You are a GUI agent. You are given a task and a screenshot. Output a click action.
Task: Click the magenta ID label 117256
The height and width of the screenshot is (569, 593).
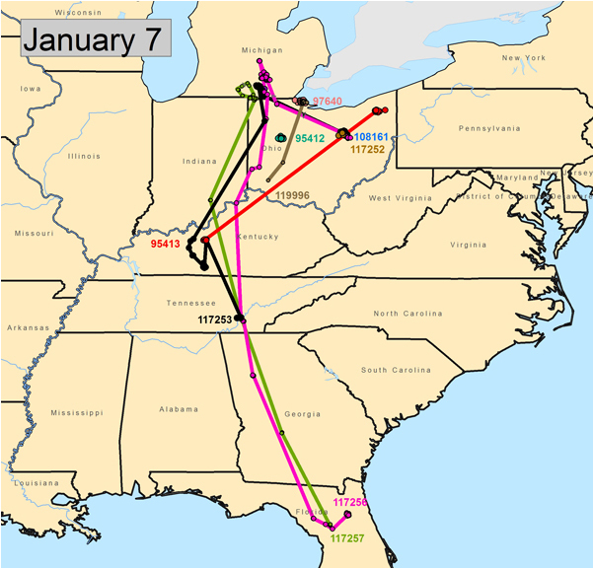(x=350, y=502)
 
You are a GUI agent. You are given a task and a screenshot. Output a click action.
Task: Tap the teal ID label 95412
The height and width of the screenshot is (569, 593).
(x=310, y=138)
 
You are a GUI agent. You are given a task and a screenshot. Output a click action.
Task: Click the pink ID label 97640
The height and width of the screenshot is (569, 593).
(x=327, y=101)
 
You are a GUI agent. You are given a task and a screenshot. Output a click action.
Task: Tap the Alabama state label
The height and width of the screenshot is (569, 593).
(x=178, y=408)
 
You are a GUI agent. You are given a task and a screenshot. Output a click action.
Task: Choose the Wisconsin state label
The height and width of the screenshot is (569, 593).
(x=78, y=12)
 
